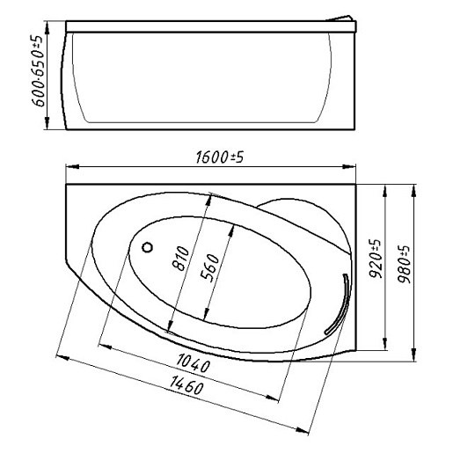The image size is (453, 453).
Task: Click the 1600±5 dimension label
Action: (219, 157)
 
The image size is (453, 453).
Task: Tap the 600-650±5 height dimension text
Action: (38, 70)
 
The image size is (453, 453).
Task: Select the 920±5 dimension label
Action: (375, 259)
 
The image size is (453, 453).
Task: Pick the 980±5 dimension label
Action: (404, 264)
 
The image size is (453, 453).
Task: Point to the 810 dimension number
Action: (180, 258)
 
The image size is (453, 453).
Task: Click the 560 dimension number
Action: (209, 267)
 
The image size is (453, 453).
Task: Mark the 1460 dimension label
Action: (186, 385)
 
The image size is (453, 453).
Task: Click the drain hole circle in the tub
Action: (147, 247)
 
